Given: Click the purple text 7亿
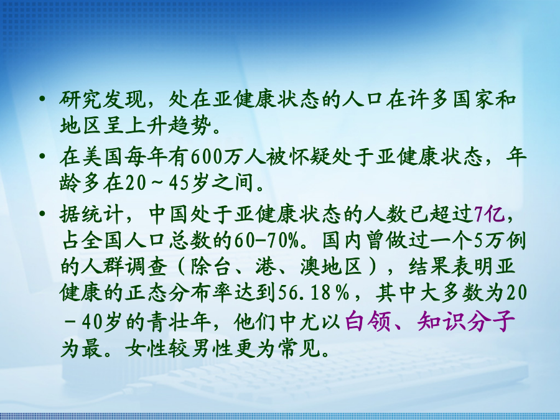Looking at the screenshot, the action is (x=490, y=214).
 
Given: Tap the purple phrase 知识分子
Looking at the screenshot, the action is (x=466, y=321).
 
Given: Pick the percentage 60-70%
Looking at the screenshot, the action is (x=266, y=240).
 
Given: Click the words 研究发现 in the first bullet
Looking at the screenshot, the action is (x=102, y=99).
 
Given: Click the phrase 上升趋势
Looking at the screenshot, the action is (x=166, y=126).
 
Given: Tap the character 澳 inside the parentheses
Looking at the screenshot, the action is (x=310, y=267).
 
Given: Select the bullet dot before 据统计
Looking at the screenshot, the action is (x=42, y=213).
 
